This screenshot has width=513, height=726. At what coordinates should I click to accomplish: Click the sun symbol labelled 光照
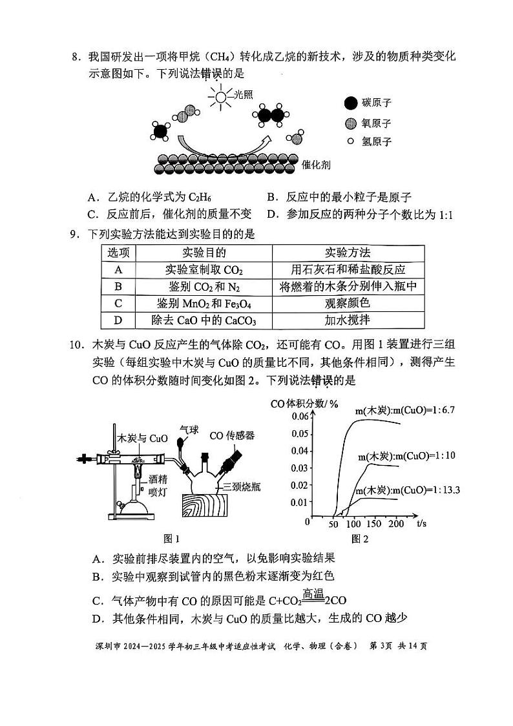point(221,98)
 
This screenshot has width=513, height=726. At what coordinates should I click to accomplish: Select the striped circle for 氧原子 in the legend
point(350,123)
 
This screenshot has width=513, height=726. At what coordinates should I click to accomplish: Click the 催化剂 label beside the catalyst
point(317,165)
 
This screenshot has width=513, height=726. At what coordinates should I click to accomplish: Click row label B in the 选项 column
point(118,286)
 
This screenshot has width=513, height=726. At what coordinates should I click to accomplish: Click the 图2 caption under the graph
point(359,539)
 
